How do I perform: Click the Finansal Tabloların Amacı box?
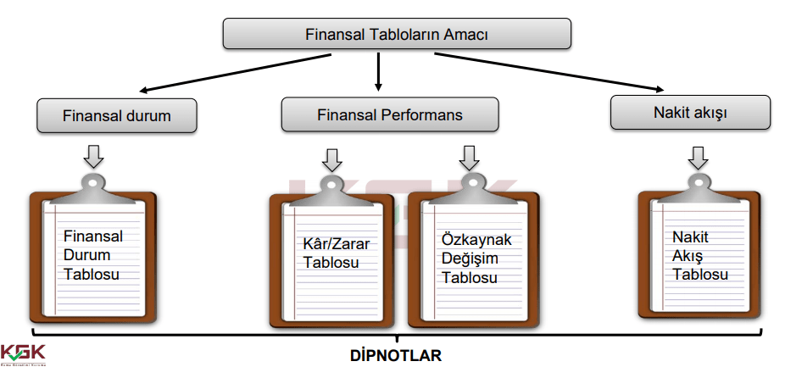[x=396, y=34]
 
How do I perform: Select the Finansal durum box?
[x=117, y=116]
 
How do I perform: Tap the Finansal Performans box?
[x=390, y=114]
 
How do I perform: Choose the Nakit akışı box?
[x=690, y=112]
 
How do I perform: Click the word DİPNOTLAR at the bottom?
[x=396, y=355]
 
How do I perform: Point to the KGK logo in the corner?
[x=23, y=353]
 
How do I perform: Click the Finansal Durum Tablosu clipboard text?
[x=93, y=255]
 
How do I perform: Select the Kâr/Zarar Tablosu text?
[x=336, y=253]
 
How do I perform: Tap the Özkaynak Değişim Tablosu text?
[x=476, y=259]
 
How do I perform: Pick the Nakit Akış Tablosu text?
[x=700, y=256]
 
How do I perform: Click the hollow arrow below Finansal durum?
[x=94, y=156]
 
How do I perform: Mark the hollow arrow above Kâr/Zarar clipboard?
[x=332, y=159]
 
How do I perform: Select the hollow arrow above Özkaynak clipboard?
[x=468, y=157]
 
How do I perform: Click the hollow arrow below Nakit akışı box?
[x=699, y=156]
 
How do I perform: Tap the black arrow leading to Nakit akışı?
[x=551, y=72]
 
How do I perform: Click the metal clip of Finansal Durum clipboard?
[x=94, y=186]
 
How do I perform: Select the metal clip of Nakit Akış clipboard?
[x=698, y=186]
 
